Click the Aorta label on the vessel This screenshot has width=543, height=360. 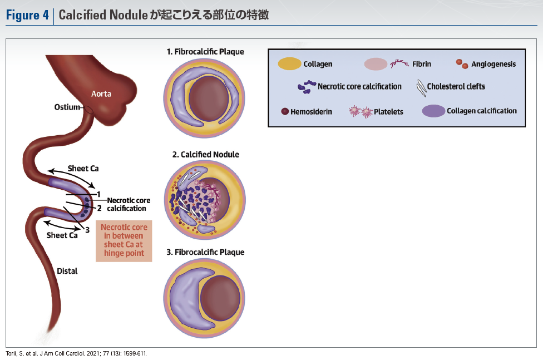click(101, 94)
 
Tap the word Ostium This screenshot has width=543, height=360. click(66, 107)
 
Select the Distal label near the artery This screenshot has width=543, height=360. click(67, 271)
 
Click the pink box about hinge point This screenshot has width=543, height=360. click(123, 240)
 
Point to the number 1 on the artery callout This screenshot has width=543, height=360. click(98, 194)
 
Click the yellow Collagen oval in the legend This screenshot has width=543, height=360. click(289, 64)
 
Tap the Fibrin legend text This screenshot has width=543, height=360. click(422, 64)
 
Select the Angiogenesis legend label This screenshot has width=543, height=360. click(493, 64)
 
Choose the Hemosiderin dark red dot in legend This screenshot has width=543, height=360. click(285, 111)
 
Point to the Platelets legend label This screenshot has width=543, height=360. click(389, 111)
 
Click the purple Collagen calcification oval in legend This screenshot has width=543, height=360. click(433, 111)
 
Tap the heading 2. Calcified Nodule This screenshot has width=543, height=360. click(205, 154)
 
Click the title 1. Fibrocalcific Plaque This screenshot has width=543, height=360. click(205, 52)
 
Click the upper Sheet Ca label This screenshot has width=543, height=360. click(83, 168)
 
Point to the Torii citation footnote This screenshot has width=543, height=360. click(77, 353)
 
